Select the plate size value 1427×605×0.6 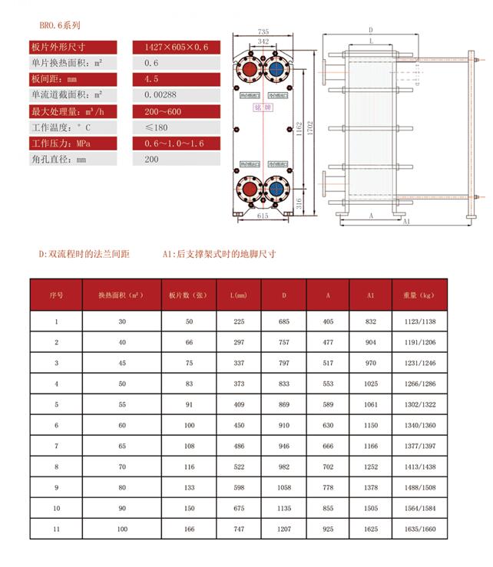[x=176, y=47]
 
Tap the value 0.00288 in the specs [x=162, y=95]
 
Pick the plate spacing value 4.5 [x=151, y=79]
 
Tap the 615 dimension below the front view [x=263, y=217]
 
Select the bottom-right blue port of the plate [x=276, y=189]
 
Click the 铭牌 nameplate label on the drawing [x=263, y=107]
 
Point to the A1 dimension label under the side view [x=406, y=221]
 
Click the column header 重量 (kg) [x=418, y=295]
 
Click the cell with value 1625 [x=370, y=529]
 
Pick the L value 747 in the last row [x=238, y=529]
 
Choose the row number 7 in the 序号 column [x=56, y=446]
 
